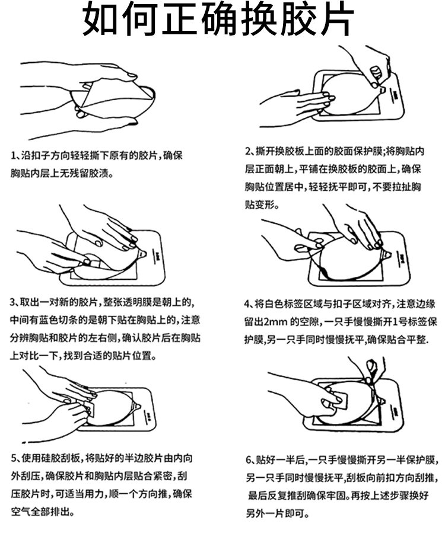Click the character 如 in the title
click(x=100, y=18)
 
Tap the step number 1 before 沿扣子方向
click(x=14, y=156)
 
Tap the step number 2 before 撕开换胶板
click(x=248, y=152)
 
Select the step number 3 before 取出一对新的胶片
click(x=13, y=302)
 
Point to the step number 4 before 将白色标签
click(x=247, y=304)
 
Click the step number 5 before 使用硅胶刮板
click(x=14, y=458)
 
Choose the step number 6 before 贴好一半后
click(x=249, y=460)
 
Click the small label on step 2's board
click(x=395, y=96)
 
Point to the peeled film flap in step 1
click(x=113, y=93)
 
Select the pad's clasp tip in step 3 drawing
click(x=142, y=254)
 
